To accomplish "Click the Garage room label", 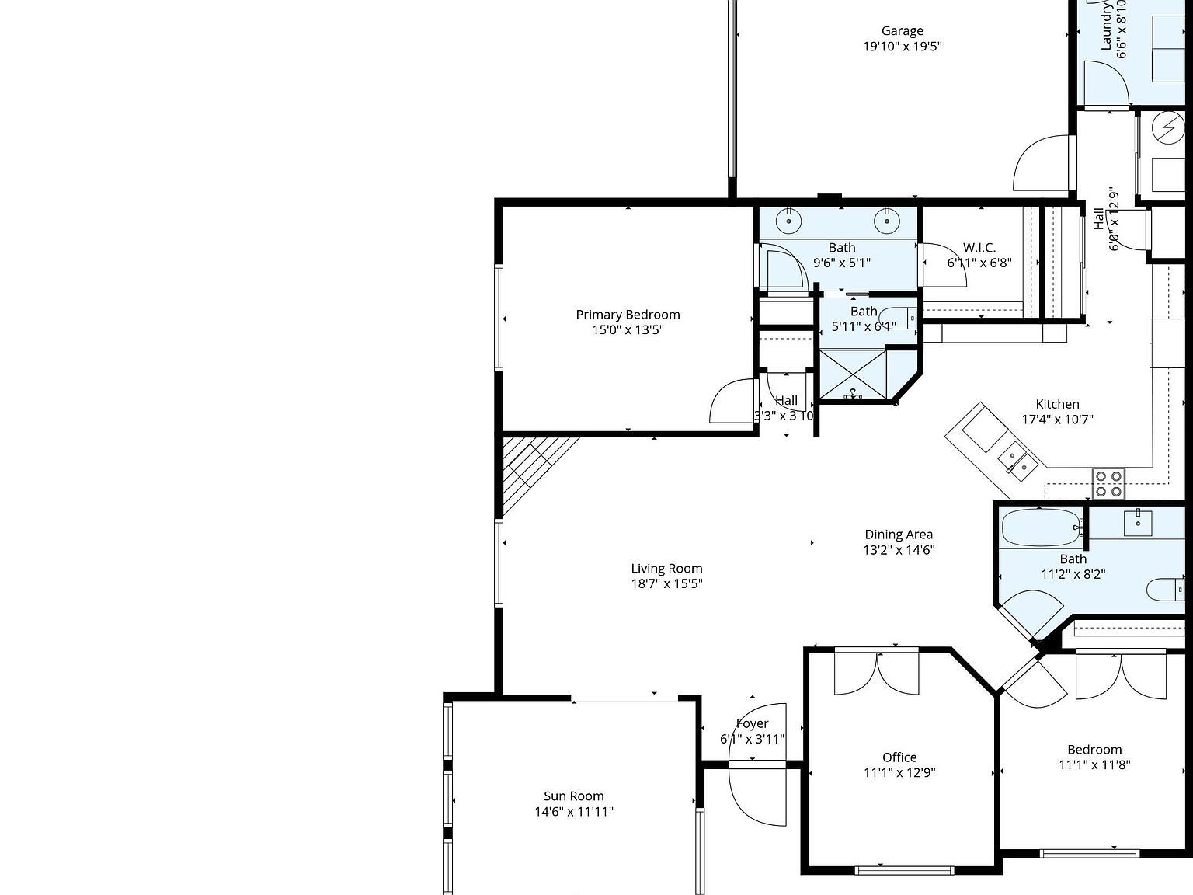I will [902, 31].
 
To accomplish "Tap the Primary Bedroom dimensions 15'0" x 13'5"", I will [628, 329].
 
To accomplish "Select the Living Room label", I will [666, 569].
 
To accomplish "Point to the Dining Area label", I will [899, 535].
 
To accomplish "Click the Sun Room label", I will [573, 796].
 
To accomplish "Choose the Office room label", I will [899, 757].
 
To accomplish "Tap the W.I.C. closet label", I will [979, 248].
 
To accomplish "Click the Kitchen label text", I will [1057, 404].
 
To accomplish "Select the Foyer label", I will [752, 723].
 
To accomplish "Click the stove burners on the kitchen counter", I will [1108, 483].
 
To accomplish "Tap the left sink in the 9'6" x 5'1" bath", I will [789, 221].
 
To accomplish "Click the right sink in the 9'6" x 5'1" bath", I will [886, 221].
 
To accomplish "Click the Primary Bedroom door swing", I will [730, 402].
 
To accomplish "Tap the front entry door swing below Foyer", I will [756, 796].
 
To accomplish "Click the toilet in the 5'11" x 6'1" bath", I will [903, 318].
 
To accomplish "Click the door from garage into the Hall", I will [1043, 162].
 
